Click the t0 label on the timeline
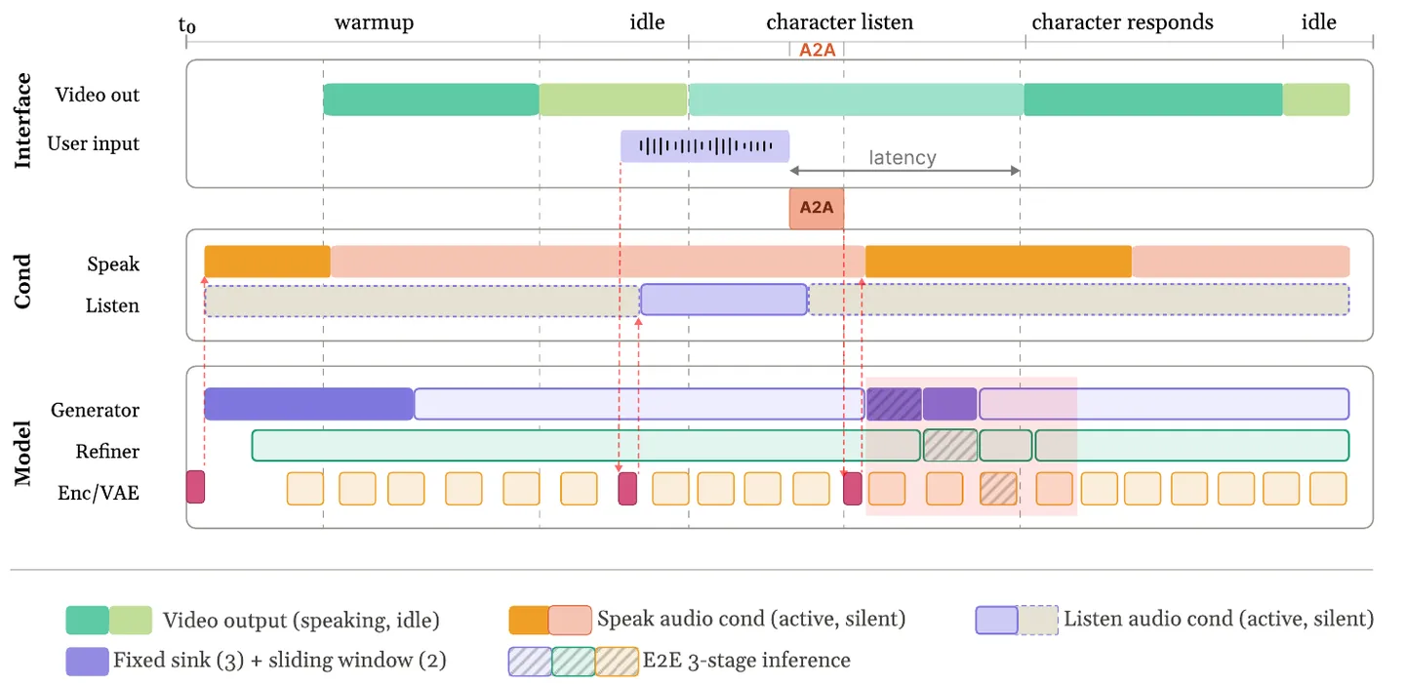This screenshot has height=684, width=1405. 187,25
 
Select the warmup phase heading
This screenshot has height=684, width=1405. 374,22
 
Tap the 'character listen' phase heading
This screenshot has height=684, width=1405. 839,22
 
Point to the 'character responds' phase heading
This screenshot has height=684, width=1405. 1122,22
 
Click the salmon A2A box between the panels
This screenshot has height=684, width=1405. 816,208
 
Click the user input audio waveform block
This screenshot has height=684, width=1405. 705,146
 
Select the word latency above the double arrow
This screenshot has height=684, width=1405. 902,157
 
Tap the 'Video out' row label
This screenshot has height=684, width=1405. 98,94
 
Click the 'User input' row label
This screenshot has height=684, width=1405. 94,143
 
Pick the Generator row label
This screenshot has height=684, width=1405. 95,410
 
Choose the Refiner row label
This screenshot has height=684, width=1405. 107,451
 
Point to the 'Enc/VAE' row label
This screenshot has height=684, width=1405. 99,493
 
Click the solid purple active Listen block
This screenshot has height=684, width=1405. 724,300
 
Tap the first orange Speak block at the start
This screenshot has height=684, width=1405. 267,262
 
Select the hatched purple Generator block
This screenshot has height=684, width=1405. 894,404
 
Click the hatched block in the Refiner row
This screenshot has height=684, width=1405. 950,446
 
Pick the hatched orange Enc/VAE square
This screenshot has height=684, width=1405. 998,489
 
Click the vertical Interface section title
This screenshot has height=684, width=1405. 21,120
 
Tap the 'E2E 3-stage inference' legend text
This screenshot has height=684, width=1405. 746,661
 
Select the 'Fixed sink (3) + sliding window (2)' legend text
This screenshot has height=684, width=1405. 280,661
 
